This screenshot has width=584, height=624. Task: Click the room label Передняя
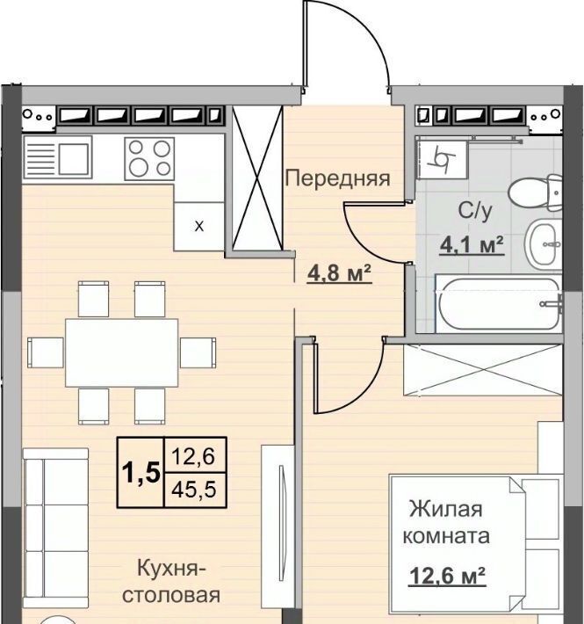[x=337, y=178]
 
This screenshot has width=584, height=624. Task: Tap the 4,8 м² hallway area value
[x=340, y=274]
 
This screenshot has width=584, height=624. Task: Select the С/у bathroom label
[x=475, y=210]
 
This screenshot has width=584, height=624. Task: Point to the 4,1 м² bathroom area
[x=472, y=244]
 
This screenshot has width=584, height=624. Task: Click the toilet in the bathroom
[x=536, y=192]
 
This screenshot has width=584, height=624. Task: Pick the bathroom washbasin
[x=543, y=243]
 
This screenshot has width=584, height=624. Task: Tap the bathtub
[x=499, y=303]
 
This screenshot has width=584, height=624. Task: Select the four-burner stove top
[x=149, y=159]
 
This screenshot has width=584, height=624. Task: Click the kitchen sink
[x=58, y=156]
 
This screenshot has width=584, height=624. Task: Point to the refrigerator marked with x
[x=198, y=227]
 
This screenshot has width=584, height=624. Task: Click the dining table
[x=122, y=352]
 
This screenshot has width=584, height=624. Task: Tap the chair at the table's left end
[x=46, y=352]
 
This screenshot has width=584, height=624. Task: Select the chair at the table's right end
[x=198, y=352]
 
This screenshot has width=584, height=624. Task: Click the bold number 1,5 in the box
[x=141, y=472]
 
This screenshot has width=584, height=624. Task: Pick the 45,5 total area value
[x=194, y=490]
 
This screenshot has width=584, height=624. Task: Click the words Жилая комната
[x=446, y=522]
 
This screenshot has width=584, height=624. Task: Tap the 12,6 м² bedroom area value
[x=447, y=575]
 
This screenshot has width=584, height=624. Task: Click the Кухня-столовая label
[x=171, y=582]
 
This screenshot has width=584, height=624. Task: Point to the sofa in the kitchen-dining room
[x=55, y=528]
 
